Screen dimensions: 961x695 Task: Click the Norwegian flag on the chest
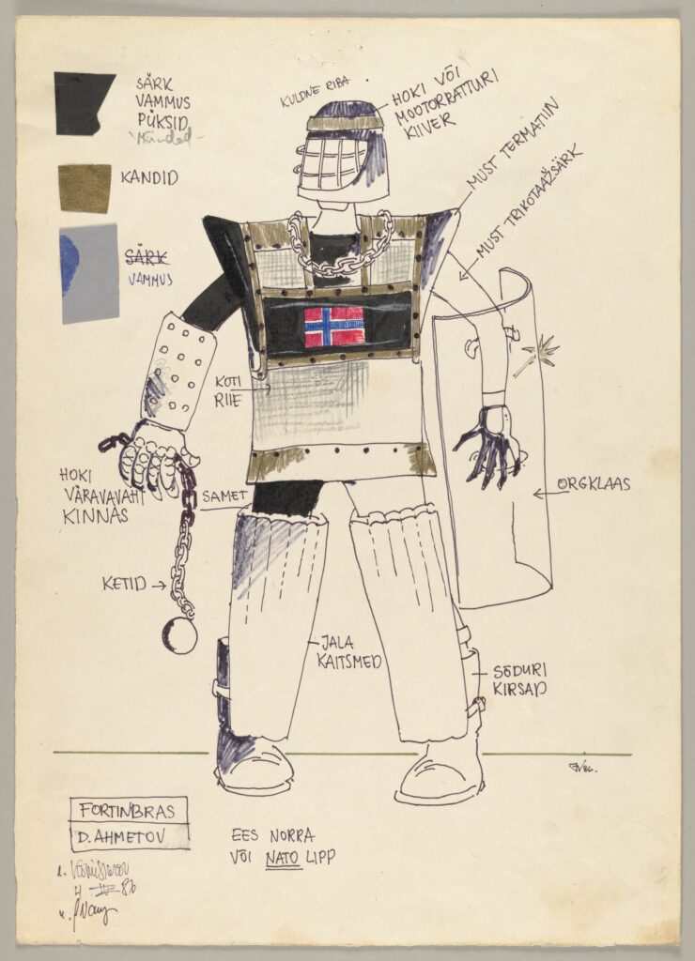coord(334,327)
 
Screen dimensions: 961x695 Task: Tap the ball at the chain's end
coord(179,636)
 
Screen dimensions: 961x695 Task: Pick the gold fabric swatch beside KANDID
coord(85,188)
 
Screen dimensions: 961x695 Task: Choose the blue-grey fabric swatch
coord(89,273)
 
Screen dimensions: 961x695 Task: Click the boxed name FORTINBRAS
coord(129,810)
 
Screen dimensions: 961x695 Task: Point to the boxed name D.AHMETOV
coord(130,837)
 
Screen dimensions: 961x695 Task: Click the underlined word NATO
coord(283,858)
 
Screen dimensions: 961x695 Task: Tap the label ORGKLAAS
coord(593,484)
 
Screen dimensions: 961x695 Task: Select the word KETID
coord(124,584)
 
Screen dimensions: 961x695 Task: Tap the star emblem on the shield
coord(539,356)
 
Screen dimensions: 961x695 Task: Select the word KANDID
coord(149,177)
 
